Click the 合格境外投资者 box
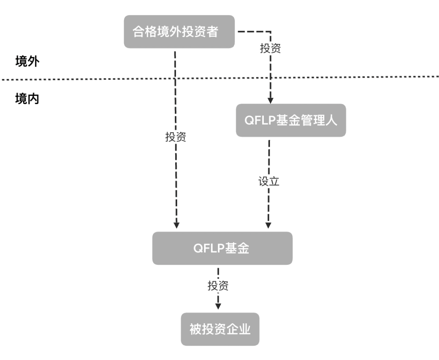tap(179, 32)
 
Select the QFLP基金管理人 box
tap(291, 120)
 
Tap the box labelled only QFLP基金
tap(222, 248)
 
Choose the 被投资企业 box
tap(220, 329)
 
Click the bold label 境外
tap(27, 61)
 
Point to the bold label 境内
tap(27, 99)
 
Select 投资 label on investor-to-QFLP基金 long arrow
tap(176, 137)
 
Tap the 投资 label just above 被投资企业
tap(218, 286)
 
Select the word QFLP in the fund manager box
tap(261, 120)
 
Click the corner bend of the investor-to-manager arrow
tap(270, 31)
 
